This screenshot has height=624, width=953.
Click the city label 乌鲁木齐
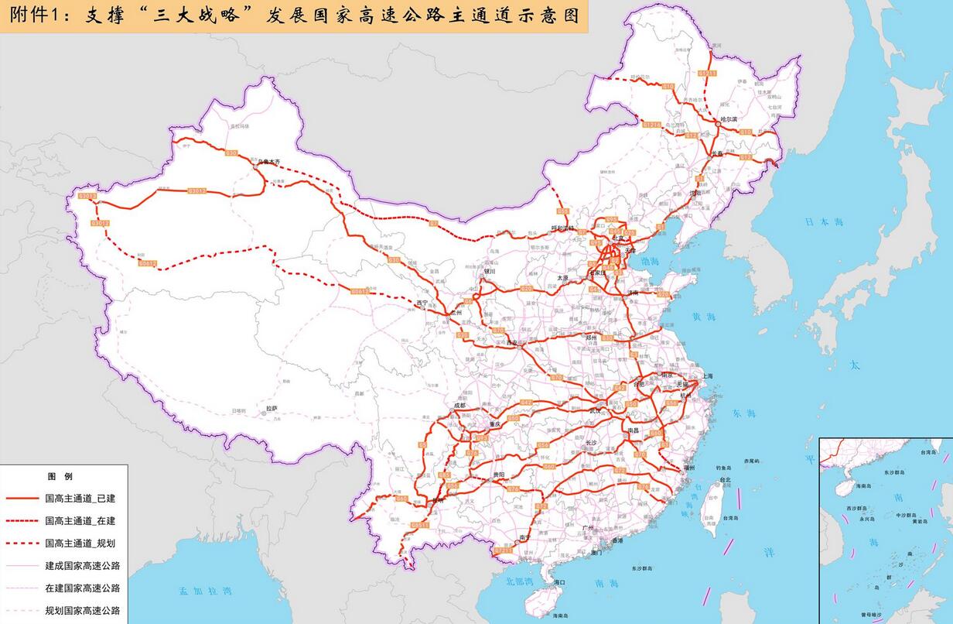[273, 162]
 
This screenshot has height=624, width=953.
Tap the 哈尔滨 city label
[728, 120]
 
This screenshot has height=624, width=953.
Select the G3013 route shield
[88, 197]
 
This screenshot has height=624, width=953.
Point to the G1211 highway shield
[707, 73]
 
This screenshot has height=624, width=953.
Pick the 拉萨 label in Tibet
[272, 408]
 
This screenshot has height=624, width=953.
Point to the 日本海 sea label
[823, 222]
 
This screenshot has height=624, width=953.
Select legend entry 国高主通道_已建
[80, 498]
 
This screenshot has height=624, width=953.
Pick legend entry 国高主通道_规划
[80, 543]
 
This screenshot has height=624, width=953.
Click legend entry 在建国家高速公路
[82, 588]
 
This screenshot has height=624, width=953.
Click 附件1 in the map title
[29, 15]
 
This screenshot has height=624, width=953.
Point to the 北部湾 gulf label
[521, 581]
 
